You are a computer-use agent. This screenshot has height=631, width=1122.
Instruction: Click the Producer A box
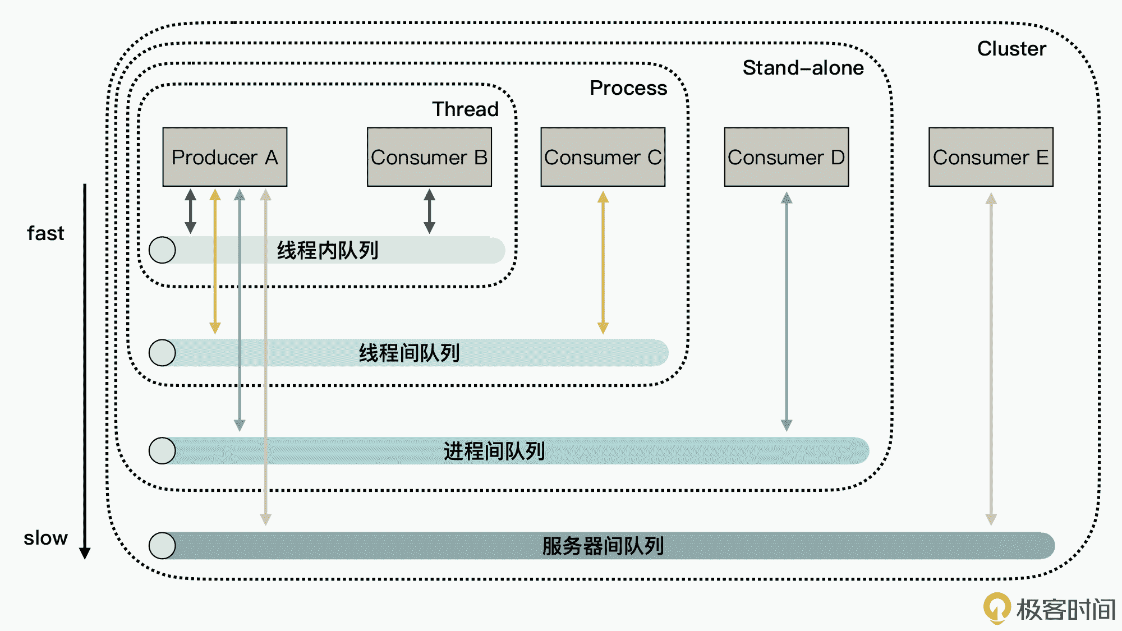click(x=224, y=157)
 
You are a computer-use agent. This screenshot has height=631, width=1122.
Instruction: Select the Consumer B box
click(x=429, y=157)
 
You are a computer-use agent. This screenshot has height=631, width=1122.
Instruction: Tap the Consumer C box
click(x=603, y=157)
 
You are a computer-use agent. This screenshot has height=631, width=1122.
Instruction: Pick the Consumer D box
click(x=786, y=157)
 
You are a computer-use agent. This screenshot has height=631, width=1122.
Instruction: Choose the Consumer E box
click(x=991, y=157)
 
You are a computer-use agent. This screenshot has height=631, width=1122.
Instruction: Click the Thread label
click(x=465, y=109)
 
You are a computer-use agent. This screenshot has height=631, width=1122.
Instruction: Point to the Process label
click(x=628, y=88)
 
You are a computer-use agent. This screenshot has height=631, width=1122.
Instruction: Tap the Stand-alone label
click(x=803, y=68)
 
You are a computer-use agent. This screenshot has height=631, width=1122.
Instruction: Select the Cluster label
click(x=1011, y=49)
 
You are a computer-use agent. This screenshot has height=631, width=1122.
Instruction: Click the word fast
click(x=45, y=233)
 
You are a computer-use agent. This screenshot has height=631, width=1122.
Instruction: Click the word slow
click(x=45, y=538)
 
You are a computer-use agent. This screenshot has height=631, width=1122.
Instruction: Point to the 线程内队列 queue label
click(x=328, y=250)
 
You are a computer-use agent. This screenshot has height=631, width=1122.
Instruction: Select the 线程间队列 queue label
click(x=409, y=353)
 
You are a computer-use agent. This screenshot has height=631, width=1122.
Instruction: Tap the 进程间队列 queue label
click(x=494, y=451)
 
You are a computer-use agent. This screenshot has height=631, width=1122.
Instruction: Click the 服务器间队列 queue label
click(x=603, y=546)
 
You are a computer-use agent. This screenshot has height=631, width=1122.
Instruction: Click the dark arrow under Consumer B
click(x=429, y=211)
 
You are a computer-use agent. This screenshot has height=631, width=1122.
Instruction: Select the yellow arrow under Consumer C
click(x=603, y=262)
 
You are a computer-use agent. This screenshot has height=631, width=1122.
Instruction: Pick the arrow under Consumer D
click(x=787, y=311)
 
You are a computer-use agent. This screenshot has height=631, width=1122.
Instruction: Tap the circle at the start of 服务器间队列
click(x=162, y=546)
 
